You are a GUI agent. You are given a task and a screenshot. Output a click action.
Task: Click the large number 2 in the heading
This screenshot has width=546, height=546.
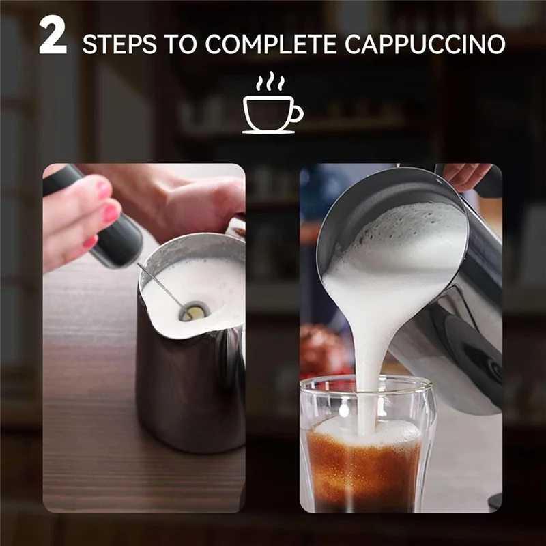[53, 37]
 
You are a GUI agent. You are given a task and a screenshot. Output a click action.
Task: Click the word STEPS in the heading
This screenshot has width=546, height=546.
[117, 44]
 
